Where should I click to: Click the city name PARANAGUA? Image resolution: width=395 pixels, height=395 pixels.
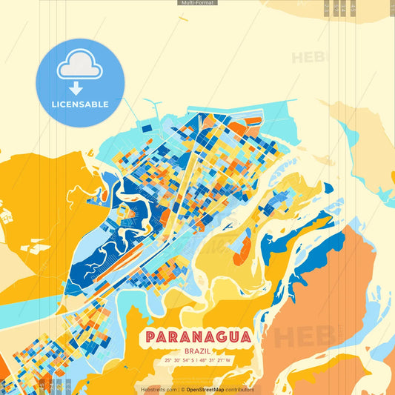pos(197,336)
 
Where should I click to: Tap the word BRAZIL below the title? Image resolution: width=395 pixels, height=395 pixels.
pos(197,350)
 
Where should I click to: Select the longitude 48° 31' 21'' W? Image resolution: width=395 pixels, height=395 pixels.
pos(216,360)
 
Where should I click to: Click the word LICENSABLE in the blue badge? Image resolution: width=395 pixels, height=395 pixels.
pos(80,104)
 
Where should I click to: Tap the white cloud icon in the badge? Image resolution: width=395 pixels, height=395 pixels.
pos(80,66)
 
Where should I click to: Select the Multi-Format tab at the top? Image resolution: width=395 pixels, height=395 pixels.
pos(197,3)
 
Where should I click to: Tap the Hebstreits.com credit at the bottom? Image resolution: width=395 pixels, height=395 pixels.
pos(158,389)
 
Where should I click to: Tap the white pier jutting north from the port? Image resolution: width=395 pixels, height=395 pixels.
pos(153,104)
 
